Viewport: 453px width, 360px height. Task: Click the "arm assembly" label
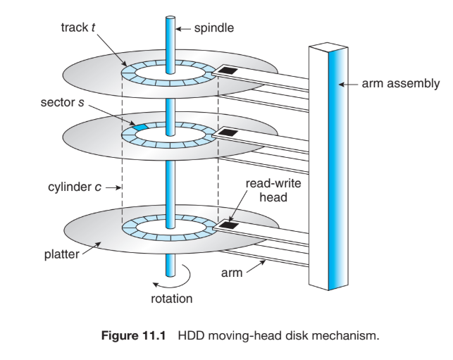coord(401,84)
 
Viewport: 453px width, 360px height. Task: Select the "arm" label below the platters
coord(236,273)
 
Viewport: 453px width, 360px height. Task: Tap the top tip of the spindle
coord(170,17)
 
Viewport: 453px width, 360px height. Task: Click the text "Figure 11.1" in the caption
coord(132,335)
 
